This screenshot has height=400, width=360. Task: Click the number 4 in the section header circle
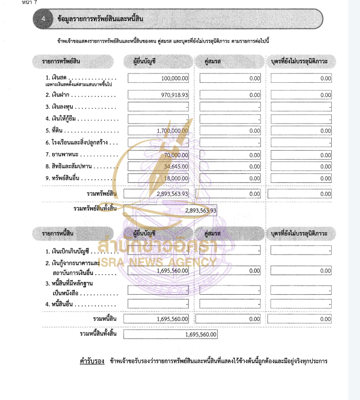coord(43,19)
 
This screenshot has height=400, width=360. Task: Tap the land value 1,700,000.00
coord(173,131)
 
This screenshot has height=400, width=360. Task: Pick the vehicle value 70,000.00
coord(176,155)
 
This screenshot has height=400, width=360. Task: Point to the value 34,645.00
coord(176,166)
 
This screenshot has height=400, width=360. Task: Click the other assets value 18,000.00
coord(176,178)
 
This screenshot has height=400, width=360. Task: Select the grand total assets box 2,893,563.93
coord(200,211)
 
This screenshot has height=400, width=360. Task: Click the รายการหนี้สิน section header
coord(58,234)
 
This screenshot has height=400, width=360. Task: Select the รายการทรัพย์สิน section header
coord(61,61)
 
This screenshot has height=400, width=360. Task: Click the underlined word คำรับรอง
coord(92,361)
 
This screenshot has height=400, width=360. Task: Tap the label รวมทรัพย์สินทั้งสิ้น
coord(95,208)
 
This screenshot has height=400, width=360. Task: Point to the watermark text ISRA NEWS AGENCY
coord(157,262)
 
